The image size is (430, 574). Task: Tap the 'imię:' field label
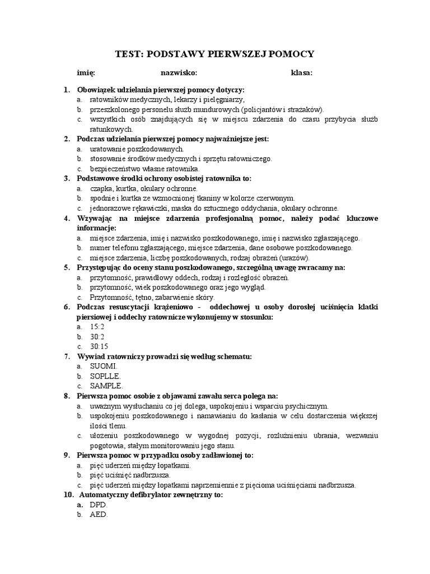coord(86,72)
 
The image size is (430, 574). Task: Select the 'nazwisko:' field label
coord(179,72)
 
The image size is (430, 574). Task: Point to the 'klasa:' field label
coord(302,72)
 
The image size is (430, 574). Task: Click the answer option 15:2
coord(98,326)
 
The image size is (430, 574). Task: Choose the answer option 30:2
coord(98,336)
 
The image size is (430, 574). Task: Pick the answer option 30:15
coord(100,346)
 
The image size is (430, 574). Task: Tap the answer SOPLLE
coord(105,376)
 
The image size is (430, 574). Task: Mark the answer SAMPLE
coord(106,386)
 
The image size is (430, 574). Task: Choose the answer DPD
coord(98,504)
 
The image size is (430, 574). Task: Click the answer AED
coord(98,515)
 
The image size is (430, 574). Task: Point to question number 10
coord(68,495)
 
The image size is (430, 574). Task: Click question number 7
coord(67,357)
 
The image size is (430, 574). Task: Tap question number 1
coord(66,90)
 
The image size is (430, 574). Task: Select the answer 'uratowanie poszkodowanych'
coord(137,149)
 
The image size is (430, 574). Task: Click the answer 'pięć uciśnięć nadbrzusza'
coord(130,475)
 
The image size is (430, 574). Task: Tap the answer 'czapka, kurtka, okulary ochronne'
coord(143,188)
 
